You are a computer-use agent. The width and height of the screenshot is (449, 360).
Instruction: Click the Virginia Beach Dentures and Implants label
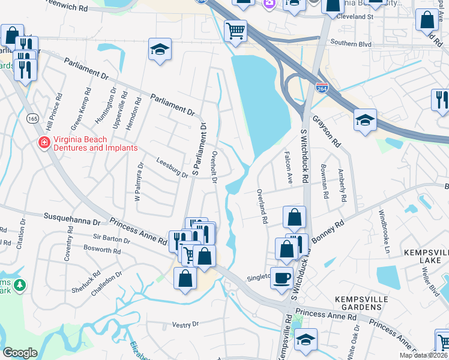[95, 143]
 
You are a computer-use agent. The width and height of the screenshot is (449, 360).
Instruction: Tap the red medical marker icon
[44, 143]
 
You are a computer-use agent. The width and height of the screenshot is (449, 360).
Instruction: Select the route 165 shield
[32, 119]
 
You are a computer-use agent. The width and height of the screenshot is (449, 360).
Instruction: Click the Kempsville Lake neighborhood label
[424, 256]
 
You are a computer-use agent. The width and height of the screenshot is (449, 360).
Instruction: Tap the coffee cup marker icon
[282, 278]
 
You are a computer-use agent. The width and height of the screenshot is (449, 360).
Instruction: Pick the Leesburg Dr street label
[172, 168]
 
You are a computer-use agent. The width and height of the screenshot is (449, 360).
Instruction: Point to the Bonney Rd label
[331, 230]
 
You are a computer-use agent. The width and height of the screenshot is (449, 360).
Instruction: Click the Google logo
[20, 352]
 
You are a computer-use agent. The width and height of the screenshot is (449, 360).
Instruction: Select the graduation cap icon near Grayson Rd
[365, 120]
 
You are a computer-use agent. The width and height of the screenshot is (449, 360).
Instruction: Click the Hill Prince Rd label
[58, 113]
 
